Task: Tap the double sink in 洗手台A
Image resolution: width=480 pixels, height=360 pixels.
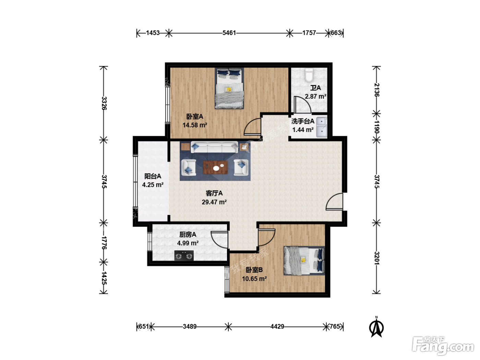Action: [322, 127]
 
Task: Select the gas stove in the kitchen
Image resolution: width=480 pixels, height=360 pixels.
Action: [184, 255]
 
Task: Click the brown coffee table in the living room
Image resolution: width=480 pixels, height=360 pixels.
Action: [215, 167]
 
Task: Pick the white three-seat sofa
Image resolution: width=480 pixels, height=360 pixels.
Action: [214, 147]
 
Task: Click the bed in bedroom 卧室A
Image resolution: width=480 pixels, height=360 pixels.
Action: [229, 88]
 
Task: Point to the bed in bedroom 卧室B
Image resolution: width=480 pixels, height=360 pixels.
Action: [304, 261]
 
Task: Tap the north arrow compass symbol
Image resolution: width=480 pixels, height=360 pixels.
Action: [376, 327]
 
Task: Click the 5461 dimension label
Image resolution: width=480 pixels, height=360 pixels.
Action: [229, 33]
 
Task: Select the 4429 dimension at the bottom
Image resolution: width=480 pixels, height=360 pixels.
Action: [277, 326]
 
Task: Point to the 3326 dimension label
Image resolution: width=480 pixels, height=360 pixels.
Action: [104, 103]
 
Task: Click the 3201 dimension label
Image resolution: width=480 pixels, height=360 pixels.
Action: [376, 259]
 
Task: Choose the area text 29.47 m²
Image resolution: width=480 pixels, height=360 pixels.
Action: [214, 202]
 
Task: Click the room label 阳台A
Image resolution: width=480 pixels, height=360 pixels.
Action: [153, 176]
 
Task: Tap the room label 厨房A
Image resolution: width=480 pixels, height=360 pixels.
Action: [188, 235]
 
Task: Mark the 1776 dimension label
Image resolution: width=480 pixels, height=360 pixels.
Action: [104, 243]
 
